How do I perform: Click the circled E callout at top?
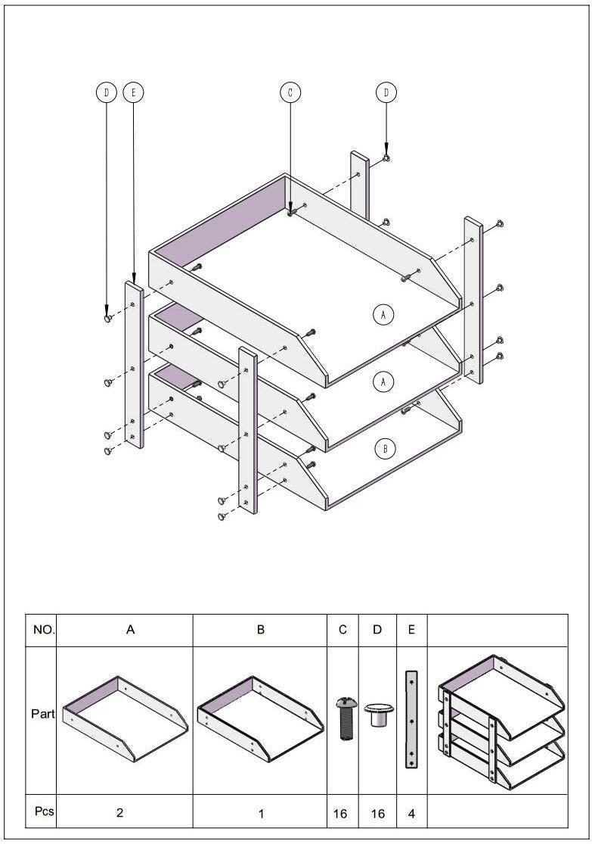[x=133, y=92]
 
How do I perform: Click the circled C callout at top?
[x=290, y=92]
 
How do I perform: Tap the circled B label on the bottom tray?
[x=385, y=449]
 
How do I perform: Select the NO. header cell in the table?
[x=42, y=629]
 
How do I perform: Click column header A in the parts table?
[x=130, y=629]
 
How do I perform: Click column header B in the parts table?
[x=260, y=629]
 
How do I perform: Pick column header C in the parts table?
[x=342, y=629]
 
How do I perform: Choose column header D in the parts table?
[x=377, y=629]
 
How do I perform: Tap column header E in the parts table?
[x=411, y=629]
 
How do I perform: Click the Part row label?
[x=42, y=713]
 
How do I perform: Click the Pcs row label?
[x=44, y=811]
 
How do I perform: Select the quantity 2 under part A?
[x=120, y=813]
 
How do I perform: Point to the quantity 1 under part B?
[x=261, y=814]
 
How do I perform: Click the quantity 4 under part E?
[x=411, y=814]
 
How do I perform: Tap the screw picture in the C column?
[x=343, y=718]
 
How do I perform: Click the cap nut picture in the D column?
[x=377, y=715]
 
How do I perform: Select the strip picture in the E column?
[x=411, y=719]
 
